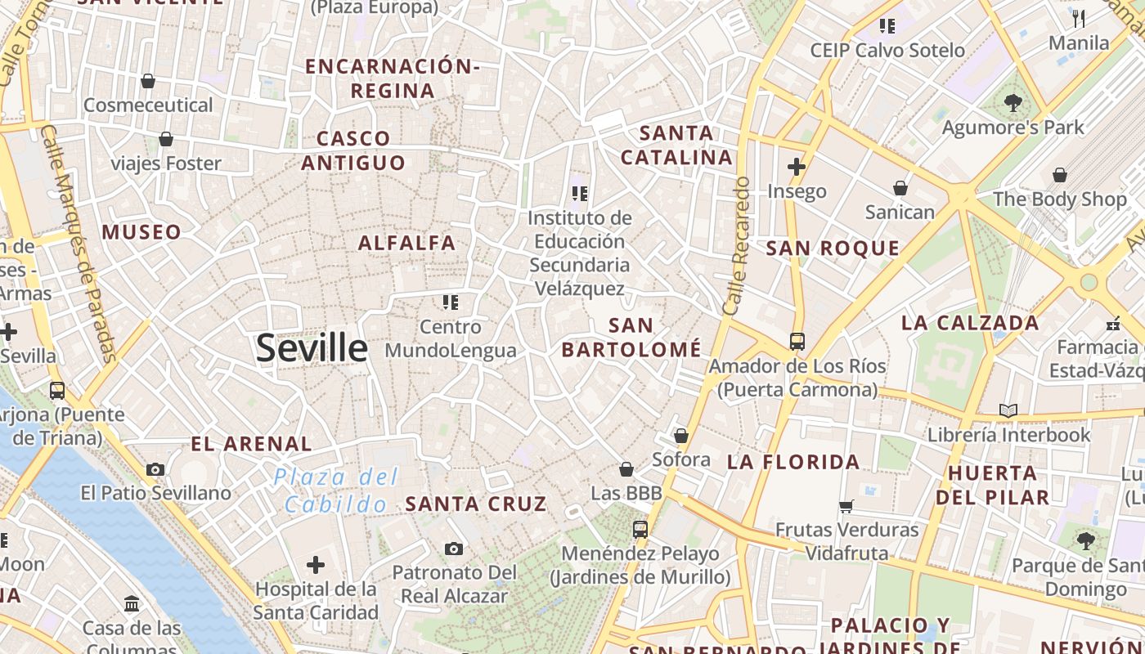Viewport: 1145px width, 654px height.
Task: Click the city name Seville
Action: coord(312,348)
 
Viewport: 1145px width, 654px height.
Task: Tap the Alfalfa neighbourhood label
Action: coord(406,243)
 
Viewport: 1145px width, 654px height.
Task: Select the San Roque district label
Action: coord(833,249)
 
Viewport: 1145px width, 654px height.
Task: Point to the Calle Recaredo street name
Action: coord(736,246)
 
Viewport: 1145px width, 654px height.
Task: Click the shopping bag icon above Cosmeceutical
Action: coord(148,81)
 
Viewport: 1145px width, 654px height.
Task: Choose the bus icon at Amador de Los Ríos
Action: coord(797,342)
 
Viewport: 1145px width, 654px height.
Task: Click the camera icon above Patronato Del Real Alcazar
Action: coord(454,549)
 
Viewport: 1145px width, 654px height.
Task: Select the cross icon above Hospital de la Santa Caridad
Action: coord(315,564)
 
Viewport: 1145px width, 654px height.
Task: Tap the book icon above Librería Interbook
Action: coord(1008,410)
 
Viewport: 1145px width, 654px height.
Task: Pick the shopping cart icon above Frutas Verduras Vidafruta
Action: coord(846,506)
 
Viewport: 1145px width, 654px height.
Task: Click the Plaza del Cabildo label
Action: coord(336,490)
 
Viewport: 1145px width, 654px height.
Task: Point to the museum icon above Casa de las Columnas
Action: coord(132,604)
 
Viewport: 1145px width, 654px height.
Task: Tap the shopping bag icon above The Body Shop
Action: coord(1060,175)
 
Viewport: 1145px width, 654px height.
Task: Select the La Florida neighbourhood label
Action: coord(793,462)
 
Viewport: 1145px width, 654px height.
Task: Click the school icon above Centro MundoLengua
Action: coord(450,302)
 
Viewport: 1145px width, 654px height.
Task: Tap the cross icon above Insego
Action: coord(797,168)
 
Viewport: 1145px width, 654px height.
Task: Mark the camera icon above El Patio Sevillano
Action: coord(155,469)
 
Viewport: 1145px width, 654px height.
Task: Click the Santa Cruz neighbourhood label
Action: coord(476,504)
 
